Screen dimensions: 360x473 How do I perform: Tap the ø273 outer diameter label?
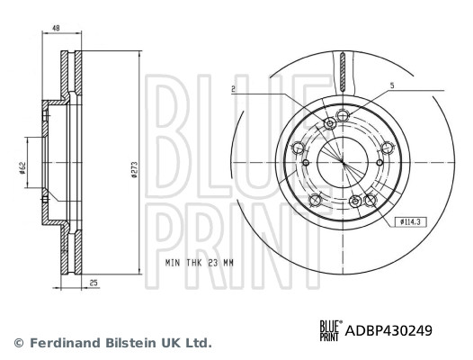pyautogui.click(x=133, y=168)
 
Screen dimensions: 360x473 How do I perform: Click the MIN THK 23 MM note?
pyautogui.click(x=199, y=263)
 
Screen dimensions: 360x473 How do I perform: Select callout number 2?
pyautogui.click(x=233, y=89)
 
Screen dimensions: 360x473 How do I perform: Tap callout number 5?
pyautogui.click(x=391, y=85)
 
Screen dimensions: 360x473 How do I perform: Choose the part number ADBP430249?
pyautogui.click(x=388, y=330)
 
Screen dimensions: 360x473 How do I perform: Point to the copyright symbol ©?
pyautogui.click(x=18, y=343)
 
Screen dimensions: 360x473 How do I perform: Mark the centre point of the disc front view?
pyautogui.click(x=343, y=160)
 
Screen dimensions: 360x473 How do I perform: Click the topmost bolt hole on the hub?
pyautogui.click(x=329, y=122)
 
